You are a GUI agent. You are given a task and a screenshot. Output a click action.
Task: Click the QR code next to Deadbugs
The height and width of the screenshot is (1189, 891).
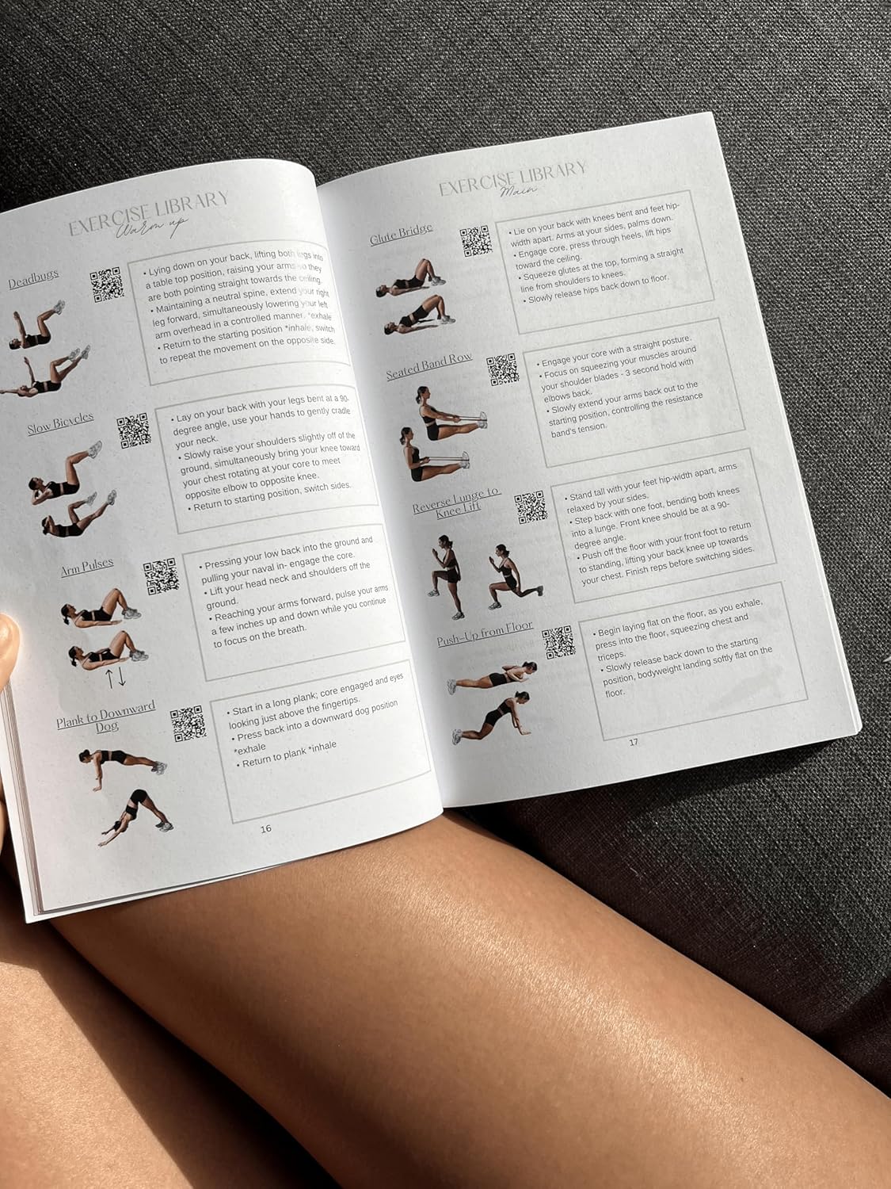click(x=107, y=285)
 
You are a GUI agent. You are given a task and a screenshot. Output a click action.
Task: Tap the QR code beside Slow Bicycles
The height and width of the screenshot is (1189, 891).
click(x=133, y=430)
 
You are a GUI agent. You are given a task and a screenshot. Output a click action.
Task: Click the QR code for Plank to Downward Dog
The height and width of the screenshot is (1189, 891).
click(x=188, y=723)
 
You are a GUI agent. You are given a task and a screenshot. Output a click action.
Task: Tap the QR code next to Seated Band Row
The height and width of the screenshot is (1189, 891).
click(x=502, y=370)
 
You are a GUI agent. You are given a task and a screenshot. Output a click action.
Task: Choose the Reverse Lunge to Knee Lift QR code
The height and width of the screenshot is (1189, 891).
click(x=531, y=507)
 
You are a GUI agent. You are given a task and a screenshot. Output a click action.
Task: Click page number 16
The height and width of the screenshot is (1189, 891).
click(x=266, y=828)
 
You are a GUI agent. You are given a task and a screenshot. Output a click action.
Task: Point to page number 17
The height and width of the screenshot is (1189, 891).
click(x=633, y=743)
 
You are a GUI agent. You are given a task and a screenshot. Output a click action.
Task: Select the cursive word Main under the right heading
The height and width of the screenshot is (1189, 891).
click(x=520, y=190)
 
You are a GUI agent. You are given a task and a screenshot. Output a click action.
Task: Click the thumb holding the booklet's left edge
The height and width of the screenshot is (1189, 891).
click(x=8, y=642)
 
